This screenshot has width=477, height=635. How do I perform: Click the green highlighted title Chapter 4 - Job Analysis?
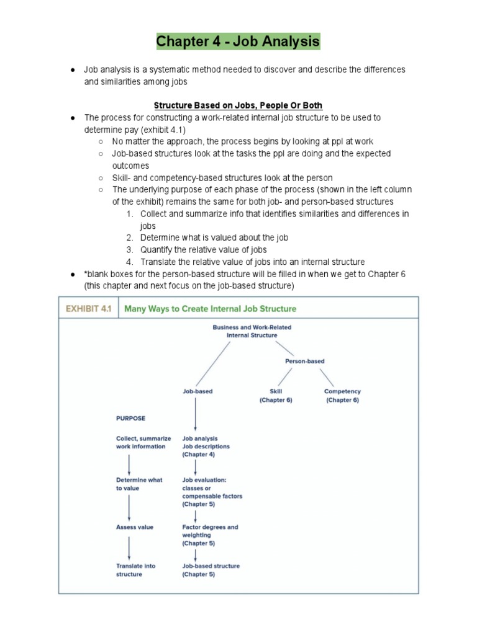click(x=238, y=42)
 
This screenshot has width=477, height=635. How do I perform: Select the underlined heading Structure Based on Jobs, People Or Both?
click(x=238, y=105)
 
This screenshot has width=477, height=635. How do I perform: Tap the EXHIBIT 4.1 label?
click(x=86, y=308)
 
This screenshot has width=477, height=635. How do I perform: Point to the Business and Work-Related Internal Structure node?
click(x=252, y=331)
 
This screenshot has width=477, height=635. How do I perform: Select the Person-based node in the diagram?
click(x=304, y=361)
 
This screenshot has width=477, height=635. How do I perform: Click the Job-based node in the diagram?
click(x=197, y=391)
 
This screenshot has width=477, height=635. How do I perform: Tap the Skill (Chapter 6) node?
click(x=276, y=396)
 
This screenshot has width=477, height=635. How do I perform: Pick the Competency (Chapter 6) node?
click(x=342, y=396)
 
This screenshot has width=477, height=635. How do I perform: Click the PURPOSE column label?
click(x=130, y=419)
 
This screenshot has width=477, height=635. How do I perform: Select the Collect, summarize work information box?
click(x=143, y=442)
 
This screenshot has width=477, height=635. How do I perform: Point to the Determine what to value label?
click(x=139, y=484)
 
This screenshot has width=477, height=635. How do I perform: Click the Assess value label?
click(x=134, y=527)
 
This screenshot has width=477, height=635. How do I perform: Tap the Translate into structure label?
click(x=135, y=570)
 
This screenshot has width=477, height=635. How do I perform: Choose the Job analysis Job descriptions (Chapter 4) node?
click(x=206, y=446)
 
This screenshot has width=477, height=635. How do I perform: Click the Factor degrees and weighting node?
click(x=210, y=535)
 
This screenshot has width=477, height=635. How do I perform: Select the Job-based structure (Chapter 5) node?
click(x=211, y=570)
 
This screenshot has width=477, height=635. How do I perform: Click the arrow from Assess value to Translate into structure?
click(x=129, y=548)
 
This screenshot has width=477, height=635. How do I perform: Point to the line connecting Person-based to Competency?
click(x=327, y=377)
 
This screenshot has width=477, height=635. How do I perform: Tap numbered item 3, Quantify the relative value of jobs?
click(x=203, y=250)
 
